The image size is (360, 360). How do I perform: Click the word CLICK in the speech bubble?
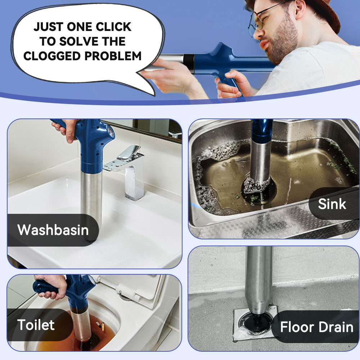[112, 27]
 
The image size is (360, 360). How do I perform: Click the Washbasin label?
[53, 230]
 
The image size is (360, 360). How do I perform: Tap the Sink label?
[332, 204]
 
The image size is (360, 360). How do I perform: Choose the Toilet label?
[36, 325]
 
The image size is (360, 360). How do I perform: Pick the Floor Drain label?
[316, 327]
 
